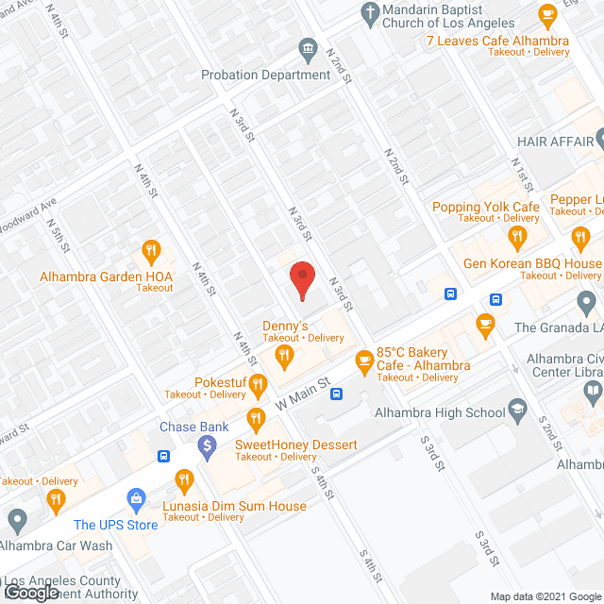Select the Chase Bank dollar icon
(x=208, y=446)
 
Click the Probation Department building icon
(x=307, y=49)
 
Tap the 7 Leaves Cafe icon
(x=545, y=14)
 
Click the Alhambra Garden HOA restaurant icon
(x=150, y=251)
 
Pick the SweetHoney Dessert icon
(x=255, y=418)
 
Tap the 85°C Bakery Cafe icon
(x=363, y=360)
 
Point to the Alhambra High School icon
(x=517, y=409)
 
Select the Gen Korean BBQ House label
(x=532, y=263)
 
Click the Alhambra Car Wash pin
(x=16, y=518)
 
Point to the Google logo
(x=31, y=592)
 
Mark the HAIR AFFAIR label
(x=555, y=141)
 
